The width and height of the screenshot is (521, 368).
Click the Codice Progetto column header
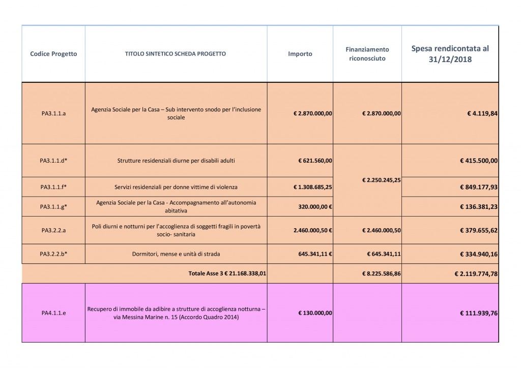pyautogui.click(x=53, y=54)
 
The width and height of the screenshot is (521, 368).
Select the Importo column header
pyautogui.click(x=300, y=54)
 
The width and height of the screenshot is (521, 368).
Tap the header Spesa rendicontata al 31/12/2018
pyautogui.click(x=450, y=54)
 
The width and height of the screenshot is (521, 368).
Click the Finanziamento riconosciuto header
pyautogui.click(x=367, y=54)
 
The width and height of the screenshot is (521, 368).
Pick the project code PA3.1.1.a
pyautogui.click(x=53, y=113)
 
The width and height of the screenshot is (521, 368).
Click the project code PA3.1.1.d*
pyautogui.click(x=53, y=161)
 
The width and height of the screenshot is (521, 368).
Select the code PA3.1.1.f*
pyautogui.click(x=53, y=187)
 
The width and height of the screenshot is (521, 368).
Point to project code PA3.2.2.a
pyautogui.click(x=53, y=230)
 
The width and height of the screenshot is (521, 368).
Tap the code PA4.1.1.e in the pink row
pyautogui.click(x=53, y=313)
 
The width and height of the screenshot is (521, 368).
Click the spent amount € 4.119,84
pyautogui.click(x=482, y=113)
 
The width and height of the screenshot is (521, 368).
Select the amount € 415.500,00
pyautogui.click(x=478, y=161)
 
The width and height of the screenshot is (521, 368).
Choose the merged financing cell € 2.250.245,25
pyautogui.click(x=381, y=180)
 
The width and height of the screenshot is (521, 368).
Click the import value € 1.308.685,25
pyautogui.click(x=313, y=187)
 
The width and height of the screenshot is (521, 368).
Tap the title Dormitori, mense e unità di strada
pyautogui.click(x=176, y=254)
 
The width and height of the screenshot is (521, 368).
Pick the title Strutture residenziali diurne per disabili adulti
pyautogui.click(x=176, y=161)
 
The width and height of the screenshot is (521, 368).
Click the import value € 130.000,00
pyautogui.click(x=315, y=313)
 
